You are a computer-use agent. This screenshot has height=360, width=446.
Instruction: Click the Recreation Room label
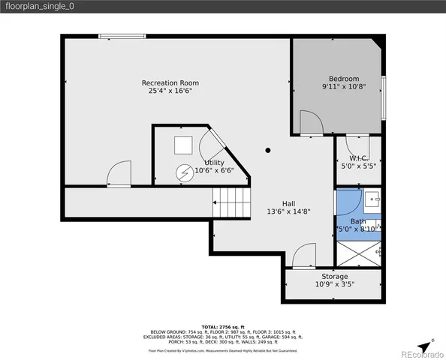pos(170,82)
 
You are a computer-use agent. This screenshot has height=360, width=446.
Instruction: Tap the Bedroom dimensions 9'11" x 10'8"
pos(344,87)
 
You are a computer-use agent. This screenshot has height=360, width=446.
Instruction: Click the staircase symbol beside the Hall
pos(231,203)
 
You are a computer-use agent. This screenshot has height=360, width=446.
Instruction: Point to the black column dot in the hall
pos(268,150)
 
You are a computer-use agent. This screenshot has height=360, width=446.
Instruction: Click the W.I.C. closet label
pos(357,157)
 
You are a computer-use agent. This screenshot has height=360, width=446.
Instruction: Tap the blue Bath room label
pos(358,221)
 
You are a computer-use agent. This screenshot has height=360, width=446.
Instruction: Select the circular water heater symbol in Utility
pos(184,173)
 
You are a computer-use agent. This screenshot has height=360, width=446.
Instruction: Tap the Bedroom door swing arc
pos(309,122)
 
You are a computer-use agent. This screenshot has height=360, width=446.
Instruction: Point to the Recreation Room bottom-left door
pos(119,175)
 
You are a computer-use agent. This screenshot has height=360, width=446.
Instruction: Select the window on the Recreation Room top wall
pos(122,34)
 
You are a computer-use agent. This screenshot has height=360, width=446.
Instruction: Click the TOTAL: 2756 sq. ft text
pos(222,327)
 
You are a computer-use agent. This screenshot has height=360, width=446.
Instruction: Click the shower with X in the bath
pos(357,253)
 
